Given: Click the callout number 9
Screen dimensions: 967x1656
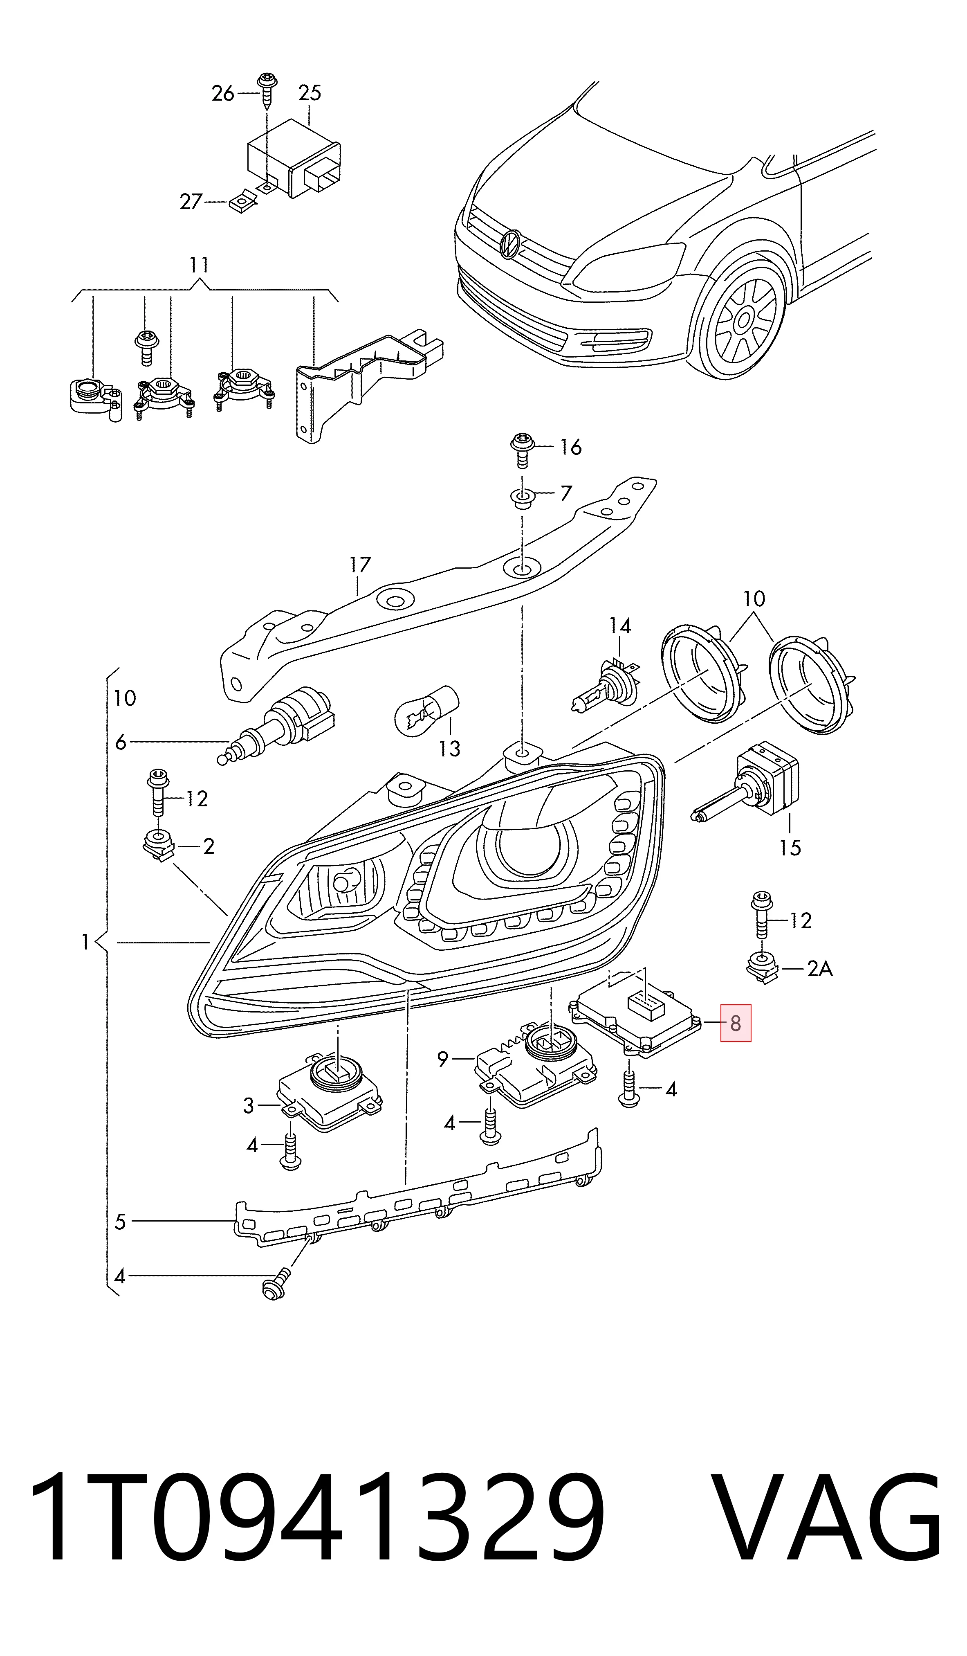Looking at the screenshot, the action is click(443, 1059).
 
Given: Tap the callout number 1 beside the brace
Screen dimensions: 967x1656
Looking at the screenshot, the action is click(85, 943).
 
